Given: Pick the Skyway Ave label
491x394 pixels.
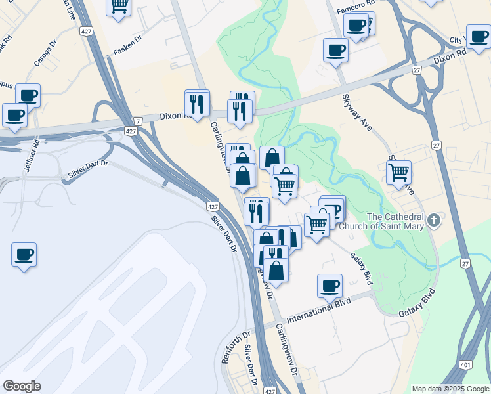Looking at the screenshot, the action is tap(357, 112).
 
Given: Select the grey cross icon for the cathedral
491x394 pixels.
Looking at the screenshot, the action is tap(433, 219).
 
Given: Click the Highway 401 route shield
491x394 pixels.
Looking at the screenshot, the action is tap(465, 365).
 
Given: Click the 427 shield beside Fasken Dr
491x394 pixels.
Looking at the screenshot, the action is tap(86, 31).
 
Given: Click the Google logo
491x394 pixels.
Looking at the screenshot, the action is tap(22, 386).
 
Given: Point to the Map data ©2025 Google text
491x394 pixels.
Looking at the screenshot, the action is tap(450, 389).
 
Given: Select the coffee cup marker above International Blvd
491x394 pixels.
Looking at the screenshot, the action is tap(330, 286).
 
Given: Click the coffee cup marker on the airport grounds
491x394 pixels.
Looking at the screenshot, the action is tap(24, 254).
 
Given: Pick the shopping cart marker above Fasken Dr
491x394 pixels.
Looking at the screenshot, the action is tap(119, 7).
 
